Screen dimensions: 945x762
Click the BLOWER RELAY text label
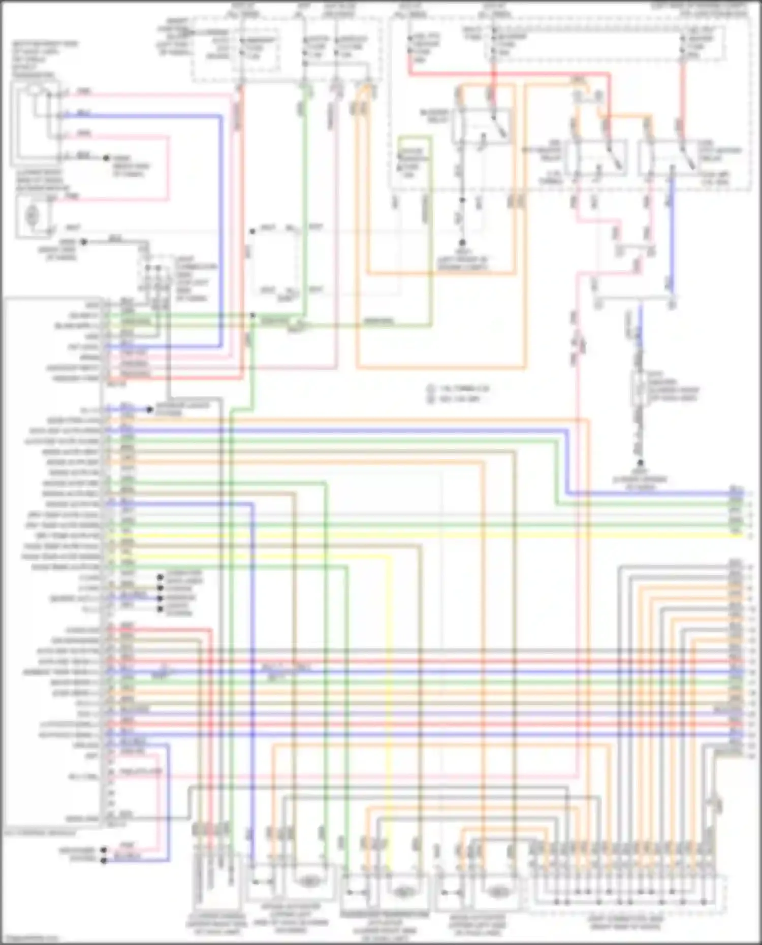pyautogui.click(x=434, y=115)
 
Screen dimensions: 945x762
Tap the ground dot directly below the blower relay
pyautogui.click(x=462, y=243)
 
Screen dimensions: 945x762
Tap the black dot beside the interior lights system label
pyautogui.click(x=149, y=409)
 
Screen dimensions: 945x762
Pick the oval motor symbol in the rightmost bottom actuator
pyautogui.click(x=498, y=891)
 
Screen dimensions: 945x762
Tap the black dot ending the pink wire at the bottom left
pyautogui.click(x=104, y=850)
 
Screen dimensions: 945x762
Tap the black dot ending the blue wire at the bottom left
pyautogui.click(x=104, y=860)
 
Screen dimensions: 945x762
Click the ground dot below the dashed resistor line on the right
pyautogui.click(x=640, y=463)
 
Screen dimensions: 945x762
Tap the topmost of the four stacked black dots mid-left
pyautogui.click(x=160, y=577)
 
